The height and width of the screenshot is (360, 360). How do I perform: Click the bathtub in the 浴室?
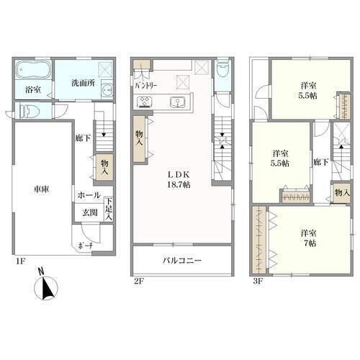33,69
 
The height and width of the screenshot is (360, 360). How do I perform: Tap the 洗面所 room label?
83,83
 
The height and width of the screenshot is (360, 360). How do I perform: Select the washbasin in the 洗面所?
107,91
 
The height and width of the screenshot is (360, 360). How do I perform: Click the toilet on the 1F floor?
30,111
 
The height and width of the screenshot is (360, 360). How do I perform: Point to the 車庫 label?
41,189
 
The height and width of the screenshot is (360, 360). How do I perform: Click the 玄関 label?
90,212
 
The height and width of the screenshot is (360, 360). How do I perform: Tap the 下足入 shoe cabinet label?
109,209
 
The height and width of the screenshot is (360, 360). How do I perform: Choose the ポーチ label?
85,246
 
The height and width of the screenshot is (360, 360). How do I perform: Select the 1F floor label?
20,261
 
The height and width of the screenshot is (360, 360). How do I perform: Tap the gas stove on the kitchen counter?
144,102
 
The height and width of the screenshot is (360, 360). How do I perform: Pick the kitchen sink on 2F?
177,102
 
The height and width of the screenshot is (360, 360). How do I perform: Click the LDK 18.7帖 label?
179,179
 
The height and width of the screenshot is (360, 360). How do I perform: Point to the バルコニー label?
182,261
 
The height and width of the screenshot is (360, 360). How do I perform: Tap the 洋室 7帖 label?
310,238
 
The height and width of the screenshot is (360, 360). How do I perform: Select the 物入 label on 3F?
343,192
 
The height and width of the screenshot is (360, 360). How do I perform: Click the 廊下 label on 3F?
321,163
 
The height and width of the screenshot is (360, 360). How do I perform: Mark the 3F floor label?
258,281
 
